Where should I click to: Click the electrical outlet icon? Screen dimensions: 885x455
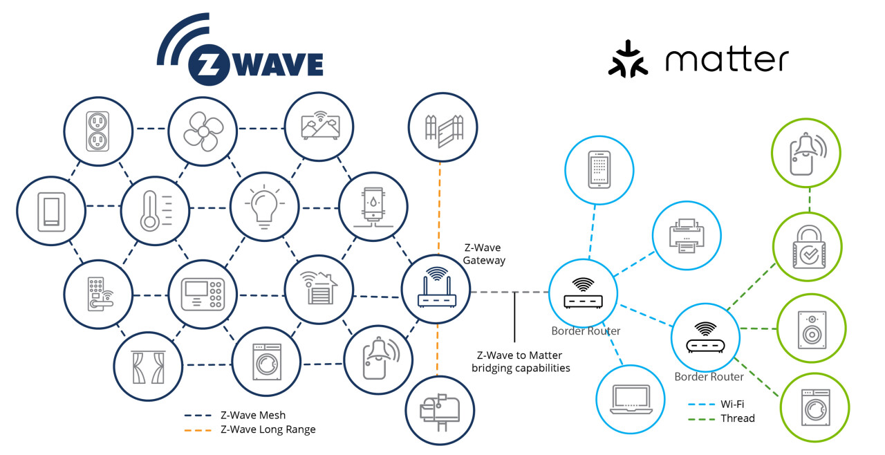tap(97, 131)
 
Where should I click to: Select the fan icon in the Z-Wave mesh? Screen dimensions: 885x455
tap(203, 131)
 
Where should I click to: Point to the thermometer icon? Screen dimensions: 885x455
tap(156, 211)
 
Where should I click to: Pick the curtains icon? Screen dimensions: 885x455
tap(148, 367)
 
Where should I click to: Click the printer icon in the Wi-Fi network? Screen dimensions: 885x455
tap(687, 236)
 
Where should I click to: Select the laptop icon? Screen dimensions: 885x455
tap(631, 400)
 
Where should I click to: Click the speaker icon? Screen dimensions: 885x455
tap(812, 330)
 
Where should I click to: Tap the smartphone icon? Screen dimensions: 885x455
tap(599, 170)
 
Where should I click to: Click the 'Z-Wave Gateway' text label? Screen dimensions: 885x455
tap(483, 254)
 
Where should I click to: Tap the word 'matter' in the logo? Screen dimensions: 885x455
tap(727, 59)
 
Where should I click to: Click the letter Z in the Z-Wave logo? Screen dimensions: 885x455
tap(209, 64)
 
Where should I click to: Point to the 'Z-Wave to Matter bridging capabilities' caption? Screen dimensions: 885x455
tap(521, 362)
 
